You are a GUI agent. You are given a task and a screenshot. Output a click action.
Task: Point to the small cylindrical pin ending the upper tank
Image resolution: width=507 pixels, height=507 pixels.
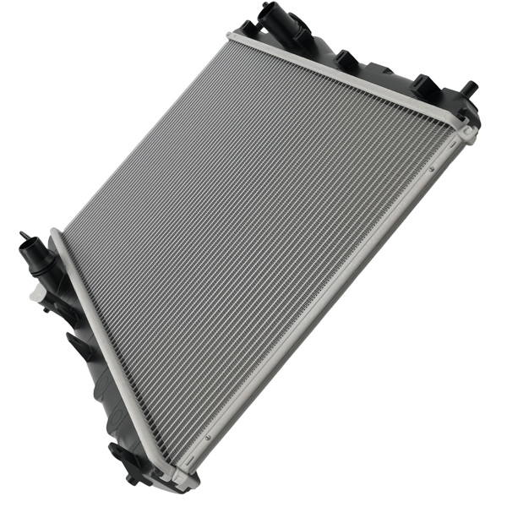pos(469,87)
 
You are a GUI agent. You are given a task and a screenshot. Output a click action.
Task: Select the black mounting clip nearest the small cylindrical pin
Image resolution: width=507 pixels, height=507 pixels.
pos(425,85)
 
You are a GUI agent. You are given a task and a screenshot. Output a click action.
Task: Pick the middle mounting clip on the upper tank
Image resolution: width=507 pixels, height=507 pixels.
pos(346,59)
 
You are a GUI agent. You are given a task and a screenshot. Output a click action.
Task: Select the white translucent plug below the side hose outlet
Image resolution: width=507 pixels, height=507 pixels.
pos(37,294)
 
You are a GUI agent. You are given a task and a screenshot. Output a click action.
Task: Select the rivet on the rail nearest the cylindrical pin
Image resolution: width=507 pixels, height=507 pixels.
pos(430,170)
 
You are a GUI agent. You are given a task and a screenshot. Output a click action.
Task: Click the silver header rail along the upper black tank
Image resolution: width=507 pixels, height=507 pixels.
pos(346,76)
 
